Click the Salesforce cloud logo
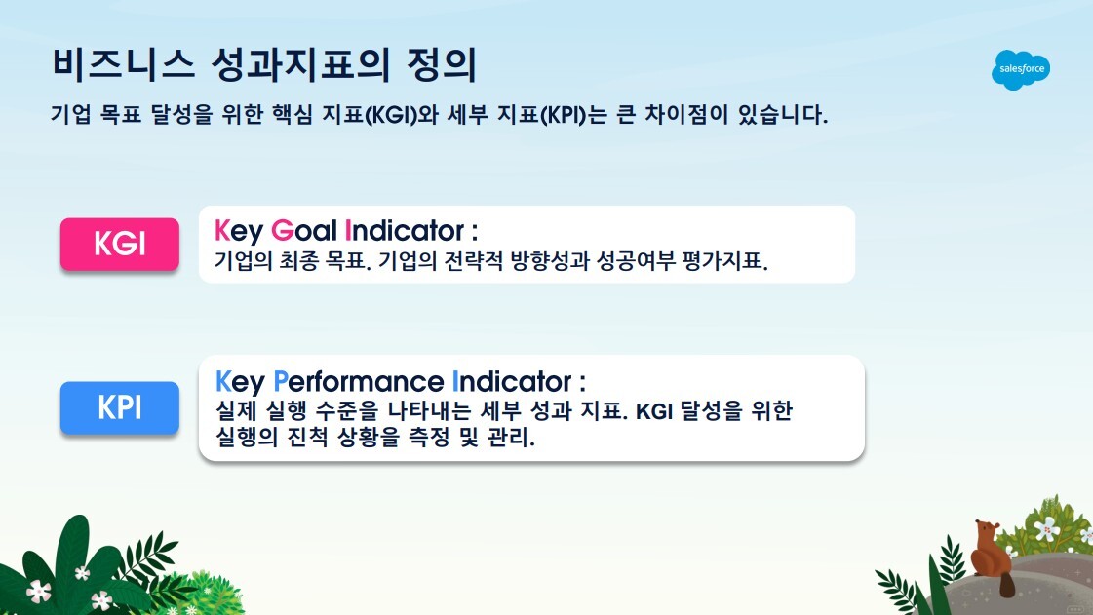tap(1021, 69)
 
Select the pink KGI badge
tap(120, 244)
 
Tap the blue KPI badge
tap(120, 407)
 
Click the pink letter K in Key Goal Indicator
tap(221, 232)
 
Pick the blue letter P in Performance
tap(281, 380)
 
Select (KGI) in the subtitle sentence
tap(395, 115)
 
